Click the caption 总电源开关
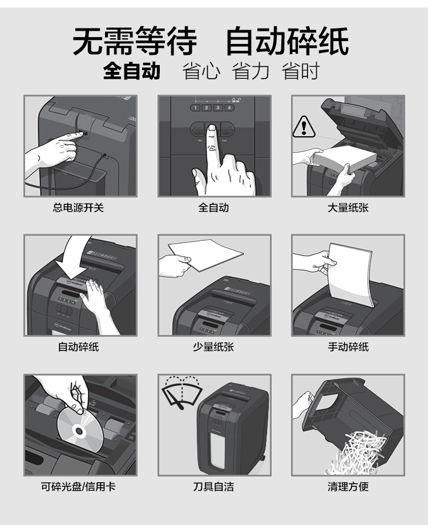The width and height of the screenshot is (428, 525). point(78,208)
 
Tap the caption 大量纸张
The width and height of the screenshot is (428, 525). point(348,208)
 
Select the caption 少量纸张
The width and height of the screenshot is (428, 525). point(213,347)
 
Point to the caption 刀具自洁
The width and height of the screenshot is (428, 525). point(213,487)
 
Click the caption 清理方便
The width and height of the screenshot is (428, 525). point(348,487)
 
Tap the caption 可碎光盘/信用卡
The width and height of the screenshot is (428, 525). point(78,487)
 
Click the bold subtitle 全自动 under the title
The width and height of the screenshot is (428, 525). point(132,71)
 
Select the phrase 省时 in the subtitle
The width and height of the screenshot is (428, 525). point(300,71)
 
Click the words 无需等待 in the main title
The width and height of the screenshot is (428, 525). point(135,41)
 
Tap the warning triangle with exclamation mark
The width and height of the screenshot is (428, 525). point(304,127)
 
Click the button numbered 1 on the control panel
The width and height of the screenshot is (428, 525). point(195,108)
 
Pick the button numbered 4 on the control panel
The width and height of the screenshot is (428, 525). point(229,108)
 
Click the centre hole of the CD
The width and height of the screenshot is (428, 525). point(79,431)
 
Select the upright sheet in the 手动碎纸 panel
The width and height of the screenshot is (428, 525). point(350,274)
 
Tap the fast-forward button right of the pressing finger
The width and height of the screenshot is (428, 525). point(227,129)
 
